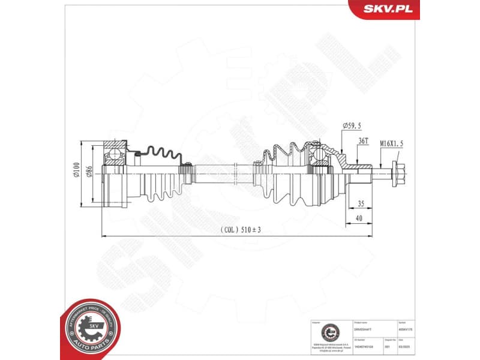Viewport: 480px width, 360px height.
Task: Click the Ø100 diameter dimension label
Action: point(77,172)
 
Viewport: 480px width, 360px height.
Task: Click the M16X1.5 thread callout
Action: point(391,144)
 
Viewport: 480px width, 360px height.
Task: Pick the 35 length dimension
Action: point(360,203)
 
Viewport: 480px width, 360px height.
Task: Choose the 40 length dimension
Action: point(359,218)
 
